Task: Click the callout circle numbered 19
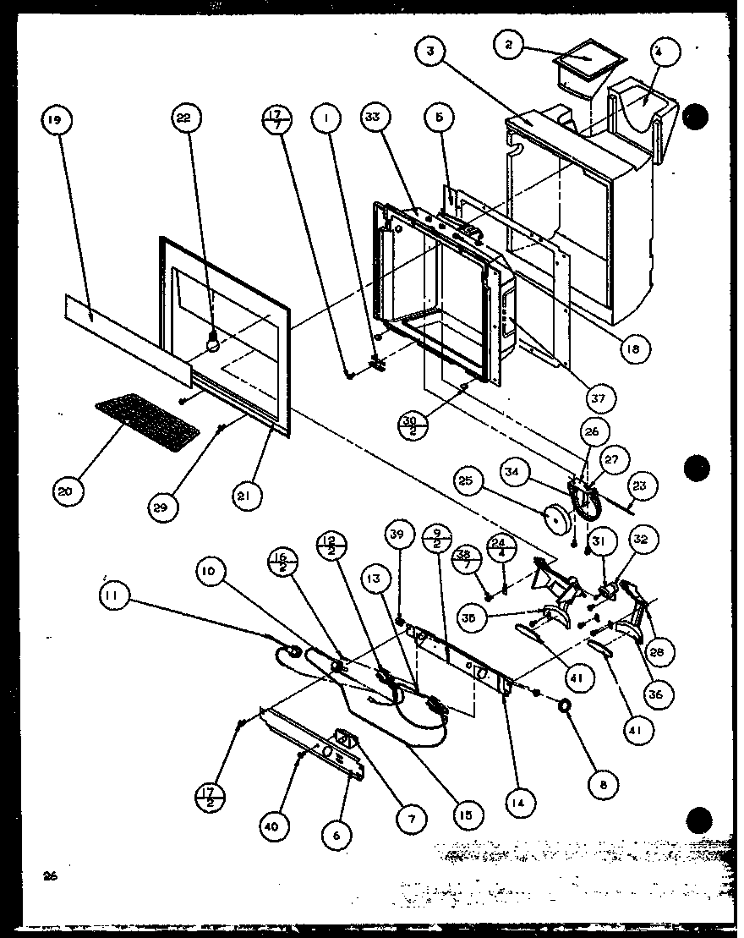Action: [54, 121]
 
